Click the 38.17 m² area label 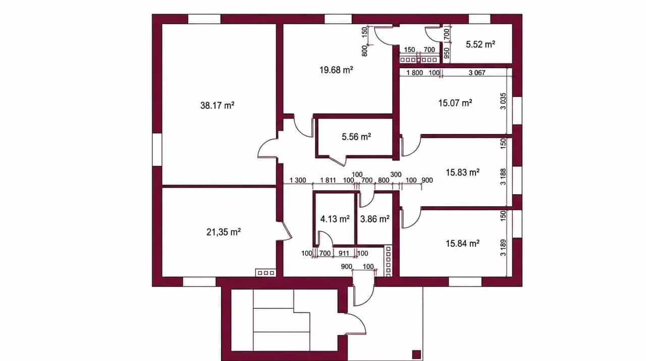point(217,105)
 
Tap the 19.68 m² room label point(336,70)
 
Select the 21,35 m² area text point(224,232)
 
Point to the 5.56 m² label point(356,137)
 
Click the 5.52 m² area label point(480,44)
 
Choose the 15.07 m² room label point(455,103)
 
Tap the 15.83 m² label point(463,172)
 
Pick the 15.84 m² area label point(463,244)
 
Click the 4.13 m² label point(335,219)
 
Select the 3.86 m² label point(374,219)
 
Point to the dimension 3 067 point(477,73)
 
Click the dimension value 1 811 point(328,180)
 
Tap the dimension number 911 point(344,253)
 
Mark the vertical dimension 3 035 point(503,101)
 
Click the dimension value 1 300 point(298,180)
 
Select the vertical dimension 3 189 point(503,248)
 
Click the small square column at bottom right point(416,354)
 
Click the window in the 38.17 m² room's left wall point(157,150)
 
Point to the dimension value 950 point(447,53)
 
